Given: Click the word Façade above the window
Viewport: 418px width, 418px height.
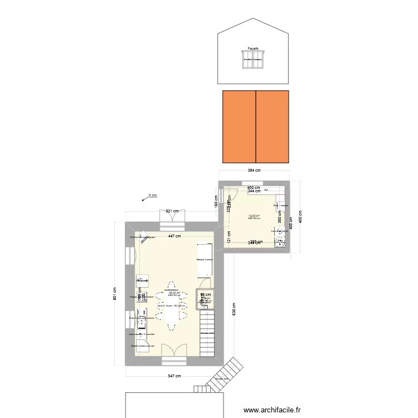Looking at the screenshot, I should [x=253, y=48].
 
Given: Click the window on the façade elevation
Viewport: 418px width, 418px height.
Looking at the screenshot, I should [x=253, y=61].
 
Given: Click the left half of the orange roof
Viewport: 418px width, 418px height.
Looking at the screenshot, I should [x=239, y=126].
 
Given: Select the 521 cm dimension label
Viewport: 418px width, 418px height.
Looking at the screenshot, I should [x=172, y=211].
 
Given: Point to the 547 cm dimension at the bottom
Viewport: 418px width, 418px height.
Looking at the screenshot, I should [x=174, y=376].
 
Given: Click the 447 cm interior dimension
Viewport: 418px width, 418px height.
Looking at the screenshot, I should [x=174, y=236].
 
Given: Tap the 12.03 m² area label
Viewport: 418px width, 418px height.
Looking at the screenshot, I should [x=254, y=216].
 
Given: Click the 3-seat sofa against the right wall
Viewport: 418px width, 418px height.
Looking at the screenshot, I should [x=205, y=260].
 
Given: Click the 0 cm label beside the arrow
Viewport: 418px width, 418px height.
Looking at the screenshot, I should [x=152, y=195].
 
